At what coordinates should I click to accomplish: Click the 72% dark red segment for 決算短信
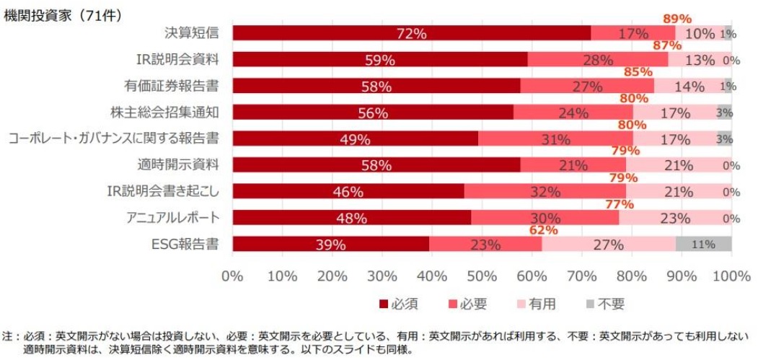pyautogui.click(x=411, y=33)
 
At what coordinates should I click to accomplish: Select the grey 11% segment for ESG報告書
pyautogui.click(x=704, y=245)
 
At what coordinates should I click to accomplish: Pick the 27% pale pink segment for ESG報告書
pyautogui.click(x=609, y=245)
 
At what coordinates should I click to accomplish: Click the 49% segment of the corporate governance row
pyautogui.click(x=355, y=139)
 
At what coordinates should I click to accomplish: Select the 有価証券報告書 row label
pyautogui.click(x=172, y=87)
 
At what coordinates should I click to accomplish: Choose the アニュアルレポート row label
pyautogui.click(x=172, y=218)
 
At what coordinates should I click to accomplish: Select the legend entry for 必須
pyautogui.click(x=397, y=304)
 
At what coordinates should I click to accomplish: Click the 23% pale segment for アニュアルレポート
pyautogui.click(x=675, y=218)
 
